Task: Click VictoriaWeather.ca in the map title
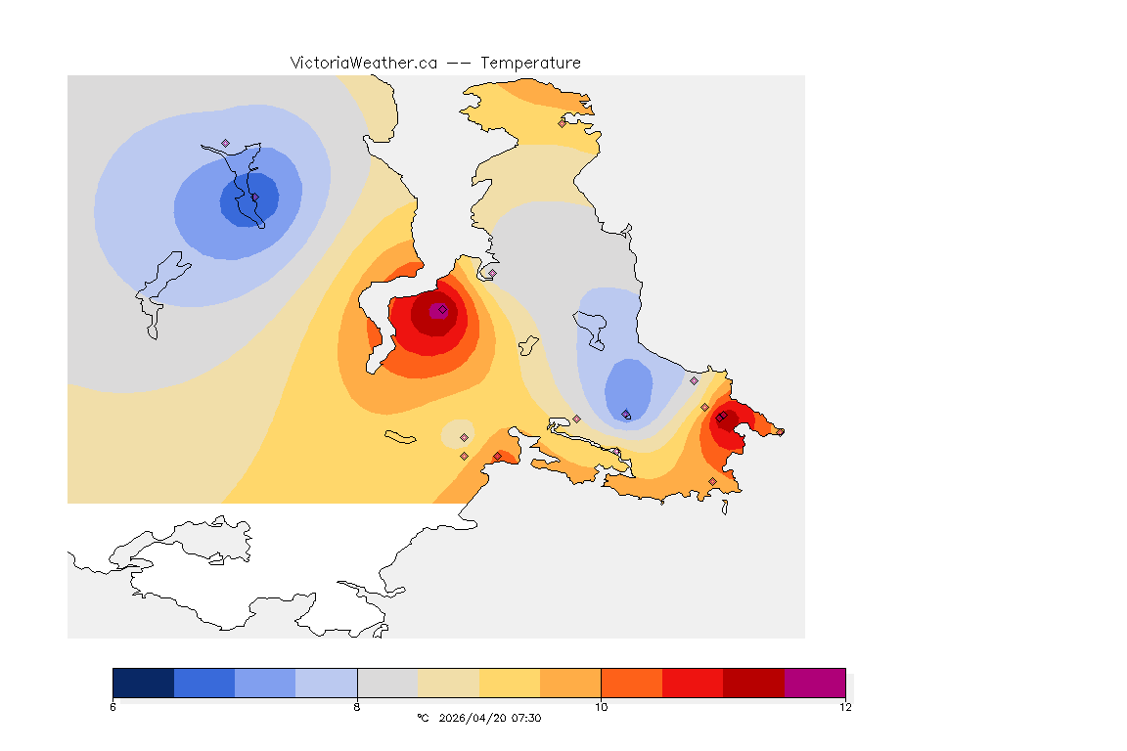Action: point(363,63)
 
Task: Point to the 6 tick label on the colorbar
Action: point(113,707)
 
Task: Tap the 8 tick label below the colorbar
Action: point(357,707)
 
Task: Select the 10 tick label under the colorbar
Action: point(601,707)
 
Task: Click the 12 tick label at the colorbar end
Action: point(845,707)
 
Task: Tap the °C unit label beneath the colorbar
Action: point(423,718)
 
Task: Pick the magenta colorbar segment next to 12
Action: point(815,683)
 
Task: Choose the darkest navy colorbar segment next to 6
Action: point(144,683)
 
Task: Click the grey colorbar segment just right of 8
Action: point(387,683)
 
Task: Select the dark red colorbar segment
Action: point(753,683)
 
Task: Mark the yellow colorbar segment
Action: point(510,683)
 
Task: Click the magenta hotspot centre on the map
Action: point(439,310)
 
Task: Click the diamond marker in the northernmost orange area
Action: point(563,123)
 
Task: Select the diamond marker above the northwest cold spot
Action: point(225,143)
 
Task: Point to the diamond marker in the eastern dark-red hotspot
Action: point(720,418)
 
